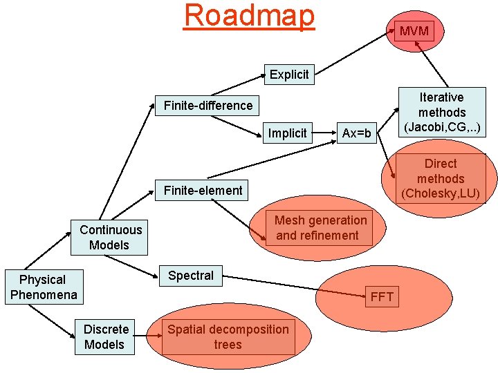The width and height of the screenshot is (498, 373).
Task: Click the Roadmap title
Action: [x=249, y=16]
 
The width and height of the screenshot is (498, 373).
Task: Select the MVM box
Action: [x=414, y=30]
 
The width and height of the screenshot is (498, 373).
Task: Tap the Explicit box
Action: [x=289, y=74]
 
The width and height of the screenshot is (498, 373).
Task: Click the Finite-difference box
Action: [x=208, y=106]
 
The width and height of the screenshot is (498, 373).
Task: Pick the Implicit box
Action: [x=287, y=133]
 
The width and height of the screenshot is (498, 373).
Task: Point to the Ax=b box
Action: [x=356, y=133]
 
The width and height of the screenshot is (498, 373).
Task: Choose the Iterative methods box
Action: [x=441, y=113]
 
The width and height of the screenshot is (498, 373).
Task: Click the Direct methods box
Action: [x=441, y=178]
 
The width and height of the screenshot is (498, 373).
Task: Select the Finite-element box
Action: [x=203, y=191]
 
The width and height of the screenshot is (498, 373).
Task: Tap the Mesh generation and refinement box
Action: [x=320, y=228]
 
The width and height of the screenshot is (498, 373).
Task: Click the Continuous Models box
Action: [x=110, y=237]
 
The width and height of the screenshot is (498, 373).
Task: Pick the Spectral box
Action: [x=191, y=276]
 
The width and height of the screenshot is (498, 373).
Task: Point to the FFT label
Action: [x=382, y=297]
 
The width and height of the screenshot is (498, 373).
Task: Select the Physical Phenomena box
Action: [x=43, y=287]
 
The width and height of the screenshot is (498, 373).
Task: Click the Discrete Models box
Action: [x=105, y=336]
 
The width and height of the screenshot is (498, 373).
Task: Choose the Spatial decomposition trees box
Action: [x=228, y=336]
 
